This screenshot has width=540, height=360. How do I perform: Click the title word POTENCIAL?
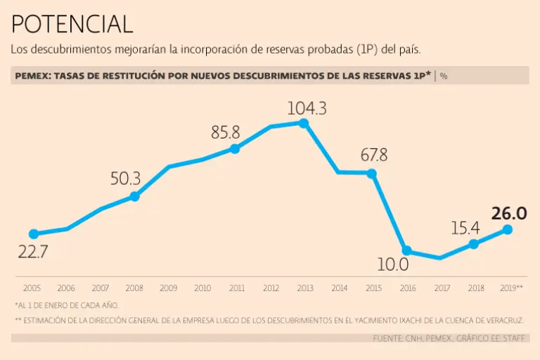(72, 25)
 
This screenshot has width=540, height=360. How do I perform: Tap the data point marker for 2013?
(304, 123)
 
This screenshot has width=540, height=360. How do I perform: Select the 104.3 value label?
(307, 108)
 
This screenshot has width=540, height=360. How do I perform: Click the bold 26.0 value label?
(509, 214)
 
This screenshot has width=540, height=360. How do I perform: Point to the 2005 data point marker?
(33, 234)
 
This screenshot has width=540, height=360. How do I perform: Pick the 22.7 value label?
(33, 252)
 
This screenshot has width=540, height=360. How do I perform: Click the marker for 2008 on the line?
(134, 196)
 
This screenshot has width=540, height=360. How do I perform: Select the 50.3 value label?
(126, 179)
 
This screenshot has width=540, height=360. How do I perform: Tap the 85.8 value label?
(226, 132)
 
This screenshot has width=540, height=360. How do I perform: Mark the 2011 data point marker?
(235, 148)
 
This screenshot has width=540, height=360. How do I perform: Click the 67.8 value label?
(374, 155)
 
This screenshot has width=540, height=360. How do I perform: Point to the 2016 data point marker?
(406, 250)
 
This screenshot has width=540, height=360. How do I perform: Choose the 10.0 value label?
(393, 265)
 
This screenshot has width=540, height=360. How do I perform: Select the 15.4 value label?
(465, 228)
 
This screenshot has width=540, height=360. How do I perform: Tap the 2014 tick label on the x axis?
(339, 288)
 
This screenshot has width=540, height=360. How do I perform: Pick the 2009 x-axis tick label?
(169, 288)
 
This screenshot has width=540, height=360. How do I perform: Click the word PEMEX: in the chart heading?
(32, 75)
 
